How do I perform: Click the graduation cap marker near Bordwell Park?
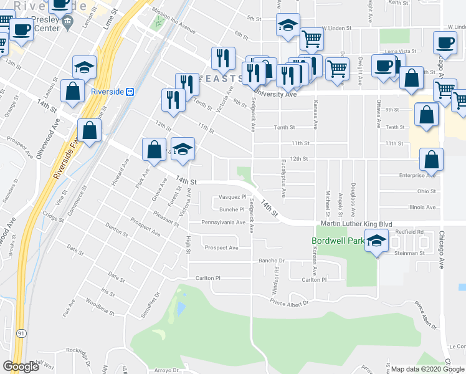[x=376, y=241]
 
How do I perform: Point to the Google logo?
[x=21, y=367]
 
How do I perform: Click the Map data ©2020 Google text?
[x=427, y=369]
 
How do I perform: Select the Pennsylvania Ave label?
[x=223, y=222]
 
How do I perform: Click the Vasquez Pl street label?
[x=233, y=196]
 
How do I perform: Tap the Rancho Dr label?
[x=272, y=261]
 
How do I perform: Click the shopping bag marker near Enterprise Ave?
[x=432, y=160]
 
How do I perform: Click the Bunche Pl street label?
[x=229, y=210]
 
